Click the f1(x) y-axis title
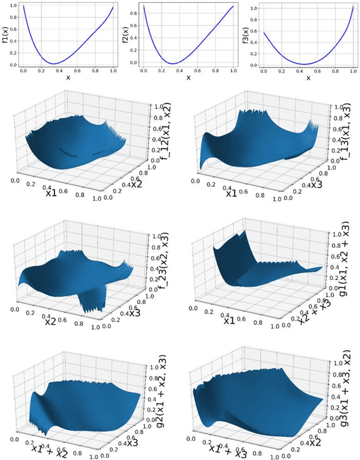pos(6,34)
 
